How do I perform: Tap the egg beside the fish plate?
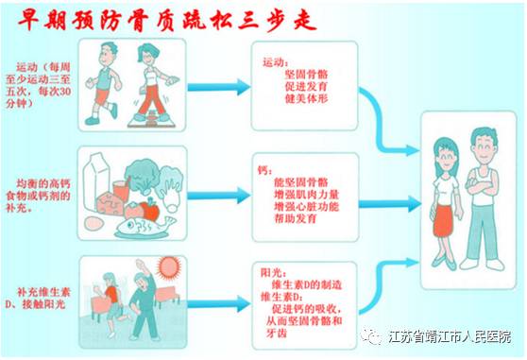coord(92,223)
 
